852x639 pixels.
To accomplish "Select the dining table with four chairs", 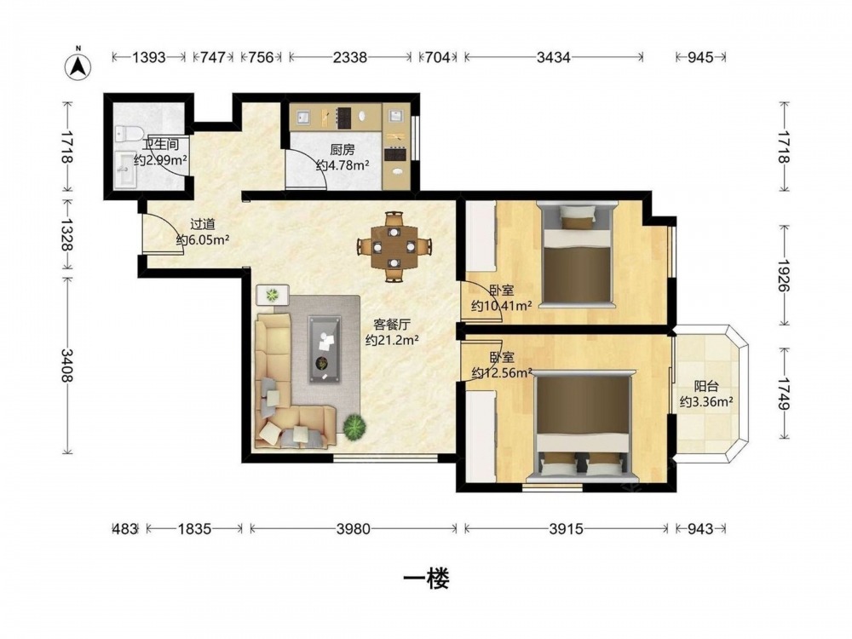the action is pyautogui.click(x=394, y=247).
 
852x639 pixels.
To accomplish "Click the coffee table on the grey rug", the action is pyautogui.click(x=325, y=349).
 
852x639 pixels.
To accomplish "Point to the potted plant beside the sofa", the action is pyautogui.click(x=354, y=426).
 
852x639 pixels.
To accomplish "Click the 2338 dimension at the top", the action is pyautogui.click(x=350, y=57).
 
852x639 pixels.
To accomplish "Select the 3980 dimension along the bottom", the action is pyautogui.click(x=354, y=529).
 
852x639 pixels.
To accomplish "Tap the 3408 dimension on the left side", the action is pyautogui.click(x=66, y=366).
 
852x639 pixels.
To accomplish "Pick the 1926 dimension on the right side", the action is pyautogui.click(x=783, y=275).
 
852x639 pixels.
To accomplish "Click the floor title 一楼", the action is pyautogui.click(x=426, y=579).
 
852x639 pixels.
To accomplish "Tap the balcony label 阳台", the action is pyautogui.click(x=707, y=386).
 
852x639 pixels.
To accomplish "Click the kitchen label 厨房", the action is pyautogui.click(x=343, y=149).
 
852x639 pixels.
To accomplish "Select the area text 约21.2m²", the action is pyautogui.click(x=392, y=340).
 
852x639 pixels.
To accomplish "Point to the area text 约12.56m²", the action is pyautogui.click(x=502, y=373).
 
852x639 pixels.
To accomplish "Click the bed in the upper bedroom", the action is pyautogui.click(x=577, y=254).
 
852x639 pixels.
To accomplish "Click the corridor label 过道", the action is pyautogui.click(x=203, y=224).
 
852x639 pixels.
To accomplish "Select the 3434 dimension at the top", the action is pyautogui.click(x=554, y=57).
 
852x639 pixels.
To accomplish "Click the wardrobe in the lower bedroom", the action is pyautogui.click(x=481, y=437).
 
